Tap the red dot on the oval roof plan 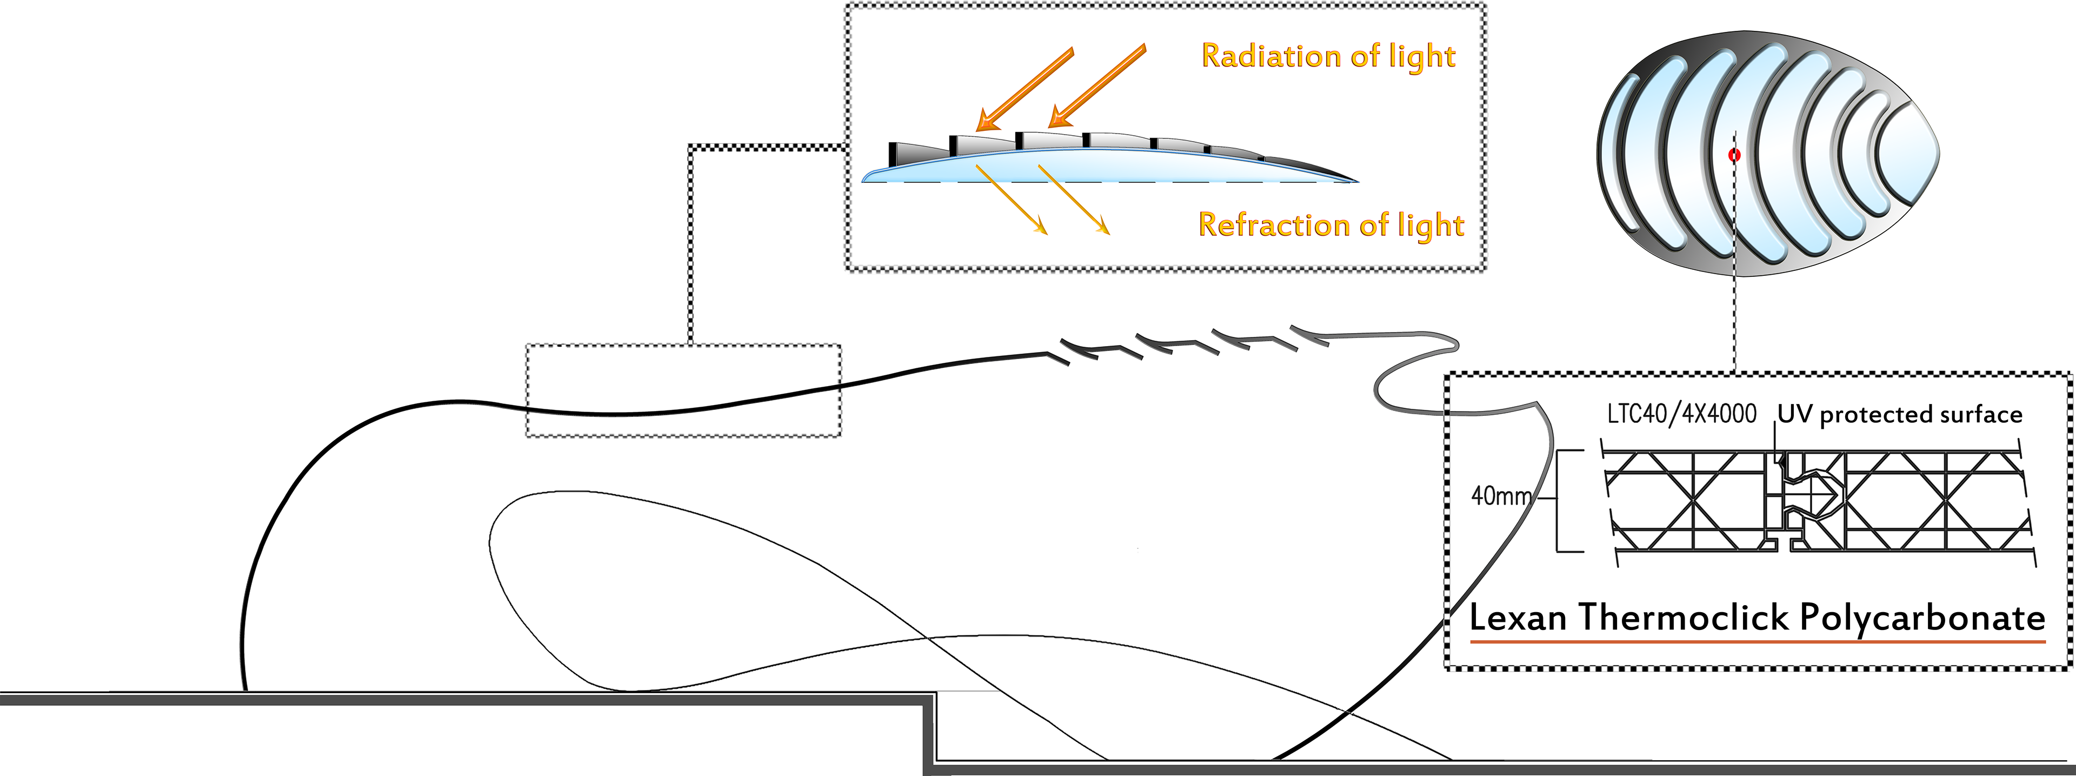(x=1734, y=155)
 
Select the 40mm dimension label (x=1501, y=495)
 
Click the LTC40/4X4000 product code (x=1681, y=414)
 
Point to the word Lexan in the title (x=1518, y=618)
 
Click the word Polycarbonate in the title (x=1922, y=619)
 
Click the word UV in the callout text (x=1795, y=414)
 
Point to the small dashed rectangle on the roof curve (x=683, y=391)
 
